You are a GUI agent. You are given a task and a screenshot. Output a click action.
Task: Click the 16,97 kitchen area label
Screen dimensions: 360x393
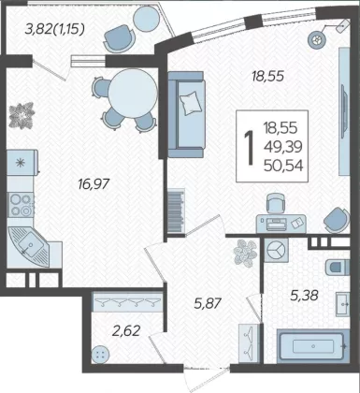(x=94, y=184)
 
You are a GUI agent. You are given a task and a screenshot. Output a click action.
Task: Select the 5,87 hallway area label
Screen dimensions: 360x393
(x=208, y=303)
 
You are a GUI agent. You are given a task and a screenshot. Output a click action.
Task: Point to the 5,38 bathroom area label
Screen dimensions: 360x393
(x=304, y=295)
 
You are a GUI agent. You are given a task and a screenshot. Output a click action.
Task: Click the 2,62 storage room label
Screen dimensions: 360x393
(x=126, y=330)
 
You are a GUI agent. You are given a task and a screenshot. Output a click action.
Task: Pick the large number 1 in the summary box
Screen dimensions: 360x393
(x=250, y=148)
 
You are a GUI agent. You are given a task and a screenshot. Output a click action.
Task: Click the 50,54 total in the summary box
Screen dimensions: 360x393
(x=283, y=166)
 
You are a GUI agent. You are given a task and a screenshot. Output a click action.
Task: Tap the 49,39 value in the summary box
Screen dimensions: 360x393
(x=283, y=147)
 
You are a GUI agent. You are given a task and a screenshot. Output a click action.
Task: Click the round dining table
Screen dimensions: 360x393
(x=133, y=94)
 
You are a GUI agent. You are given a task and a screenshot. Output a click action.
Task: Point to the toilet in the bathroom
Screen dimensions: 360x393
(x=338, y=268)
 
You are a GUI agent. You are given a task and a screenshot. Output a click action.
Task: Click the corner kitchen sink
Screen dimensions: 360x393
(x=30, y=246)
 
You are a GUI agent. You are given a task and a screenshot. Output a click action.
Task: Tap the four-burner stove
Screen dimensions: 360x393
(x=21, y=205)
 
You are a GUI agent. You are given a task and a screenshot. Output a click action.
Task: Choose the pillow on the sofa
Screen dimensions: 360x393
(x=191, y=103)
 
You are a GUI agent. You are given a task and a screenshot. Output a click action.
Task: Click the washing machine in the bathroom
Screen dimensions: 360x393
(x=277, y=250)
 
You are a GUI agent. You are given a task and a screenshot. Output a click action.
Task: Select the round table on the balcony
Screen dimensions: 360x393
(x=146, y=19)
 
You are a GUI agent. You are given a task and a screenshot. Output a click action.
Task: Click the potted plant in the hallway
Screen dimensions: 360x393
(x=245, y=253)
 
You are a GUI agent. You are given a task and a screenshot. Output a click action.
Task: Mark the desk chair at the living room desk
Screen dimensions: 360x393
(x=276, y=203)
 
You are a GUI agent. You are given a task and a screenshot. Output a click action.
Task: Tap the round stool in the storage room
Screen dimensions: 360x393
(x=101, y=355)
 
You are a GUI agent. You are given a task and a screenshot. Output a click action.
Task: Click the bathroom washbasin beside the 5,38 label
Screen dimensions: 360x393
(x=342, y=304)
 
